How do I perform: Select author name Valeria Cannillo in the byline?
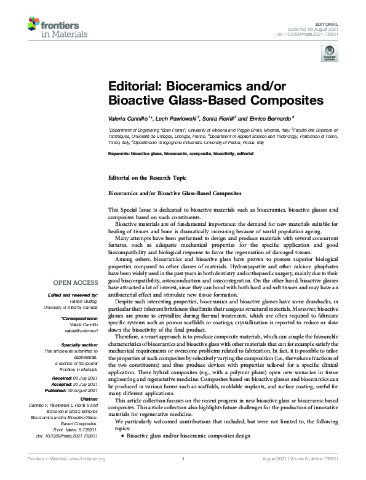tap(130, 117)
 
